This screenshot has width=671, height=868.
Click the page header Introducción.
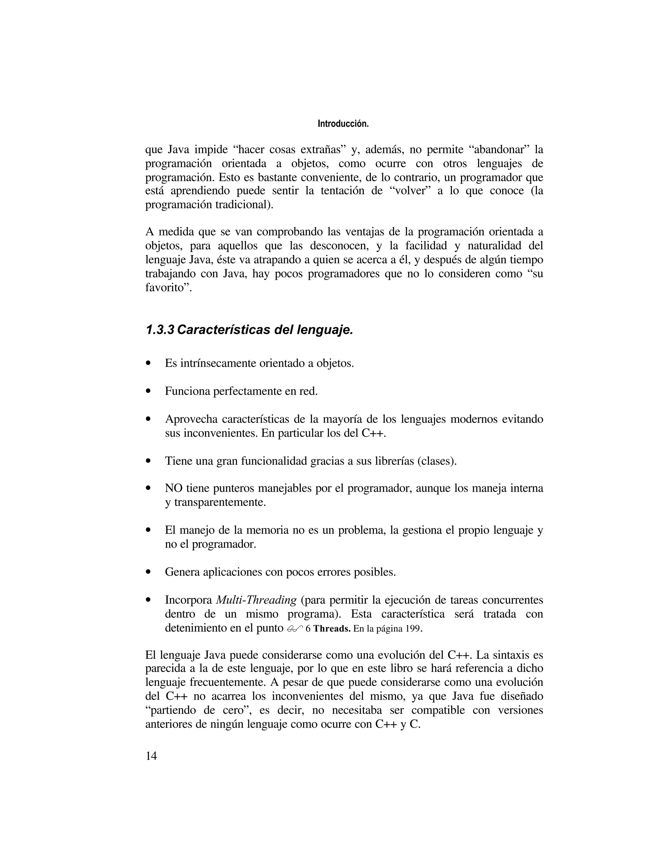coord(343,124)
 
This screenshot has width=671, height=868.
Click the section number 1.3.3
coord(160,330)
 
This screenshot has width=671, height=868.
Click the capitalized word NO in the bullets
coord(173,488)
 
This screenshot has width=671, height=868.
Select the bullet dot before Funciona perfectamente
coord(149,391)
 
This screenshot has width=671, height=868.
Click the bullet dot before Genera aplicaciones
coord(149,572)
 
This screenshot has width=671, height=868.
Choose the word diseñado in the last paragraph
coord(522,696)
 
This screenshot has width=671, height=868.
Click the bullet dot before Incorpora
coord(149,600)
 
